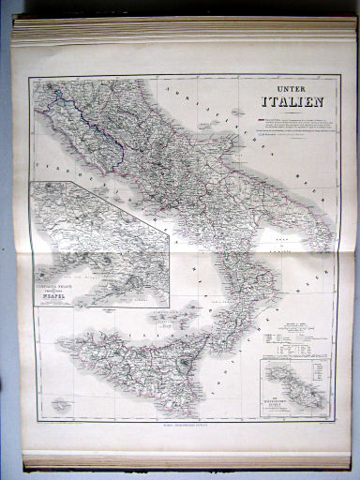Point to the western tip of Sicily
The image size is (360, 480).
[x=62, y=338]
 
